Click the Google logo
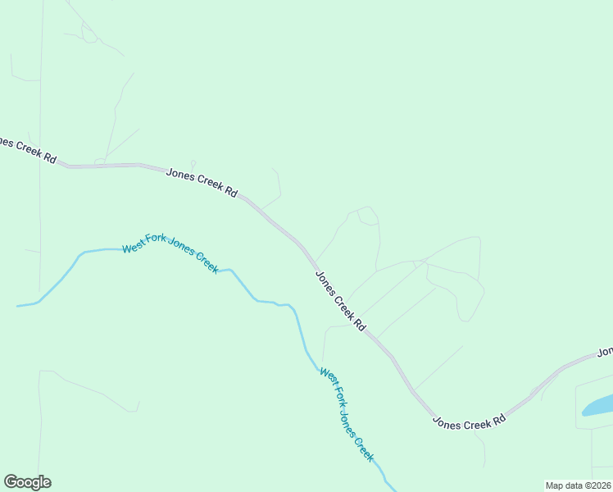(28, 482)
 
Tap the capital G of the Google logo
(11, 482)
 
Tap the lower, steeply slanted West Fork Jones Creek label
(347, 415)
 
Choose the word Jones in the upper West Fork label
(184, 255)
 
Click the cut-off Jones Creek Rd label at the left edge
(28, 149)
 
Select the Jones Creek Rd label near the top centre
(202, 183)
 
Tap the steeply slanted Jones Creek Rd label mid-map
(340, 301)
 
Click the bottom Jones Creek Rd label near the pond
(469, 422)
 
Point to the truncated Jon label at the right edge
(605, 352)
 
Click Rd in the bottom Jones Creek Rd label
(499, 419)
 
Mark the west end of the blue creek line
(18, 306)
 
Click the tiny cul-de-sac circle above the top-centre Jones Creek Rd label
(193, 162)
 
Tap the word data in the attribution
(576, 485)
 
